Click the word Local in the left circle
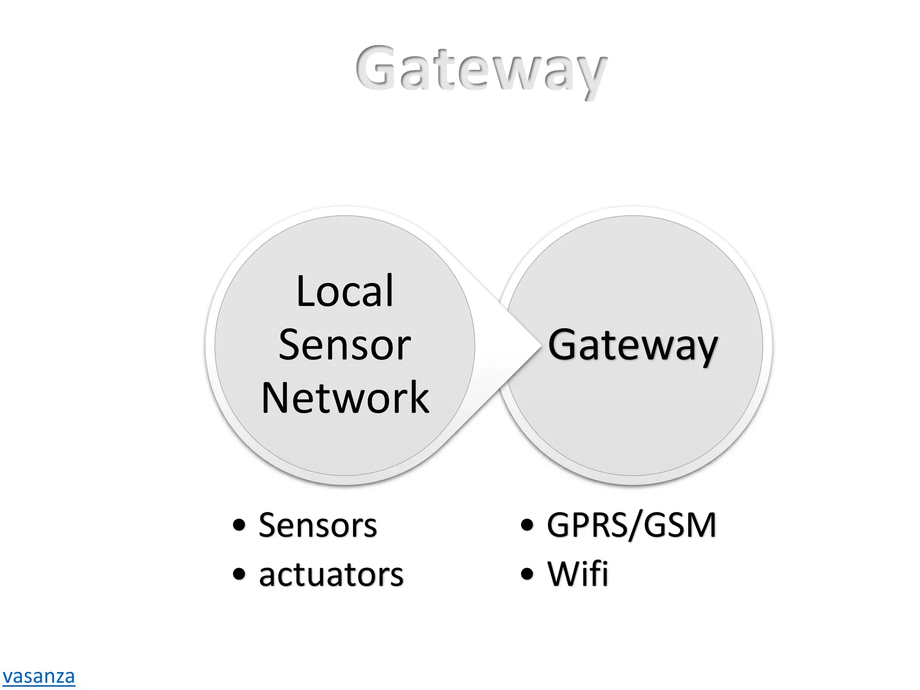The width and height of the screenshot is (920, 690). pos(345,292)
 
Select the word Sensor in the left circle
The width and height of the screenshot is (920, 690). pos(345,345)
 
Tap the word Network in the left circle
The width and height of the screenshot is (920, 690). pos(345,398)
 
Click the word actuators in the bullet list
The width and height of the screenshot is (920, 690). pos(331,575)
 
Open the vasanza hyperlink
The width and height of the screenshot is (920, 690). pos(39,677)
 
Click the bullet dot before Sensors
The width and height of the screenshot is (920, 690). pos(239,525)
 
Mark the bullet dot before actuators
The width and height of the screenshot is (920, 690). pos(239,574)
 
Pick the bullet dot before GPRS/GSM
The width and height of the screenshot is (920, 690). pos(527,525)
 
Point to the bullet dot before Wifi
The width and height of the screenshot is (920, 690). pos(527,574)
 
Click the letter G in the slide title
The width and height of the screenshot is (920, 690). pos(376,67)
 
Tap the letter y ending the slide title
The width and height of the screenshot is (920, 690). pos(591,76)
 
